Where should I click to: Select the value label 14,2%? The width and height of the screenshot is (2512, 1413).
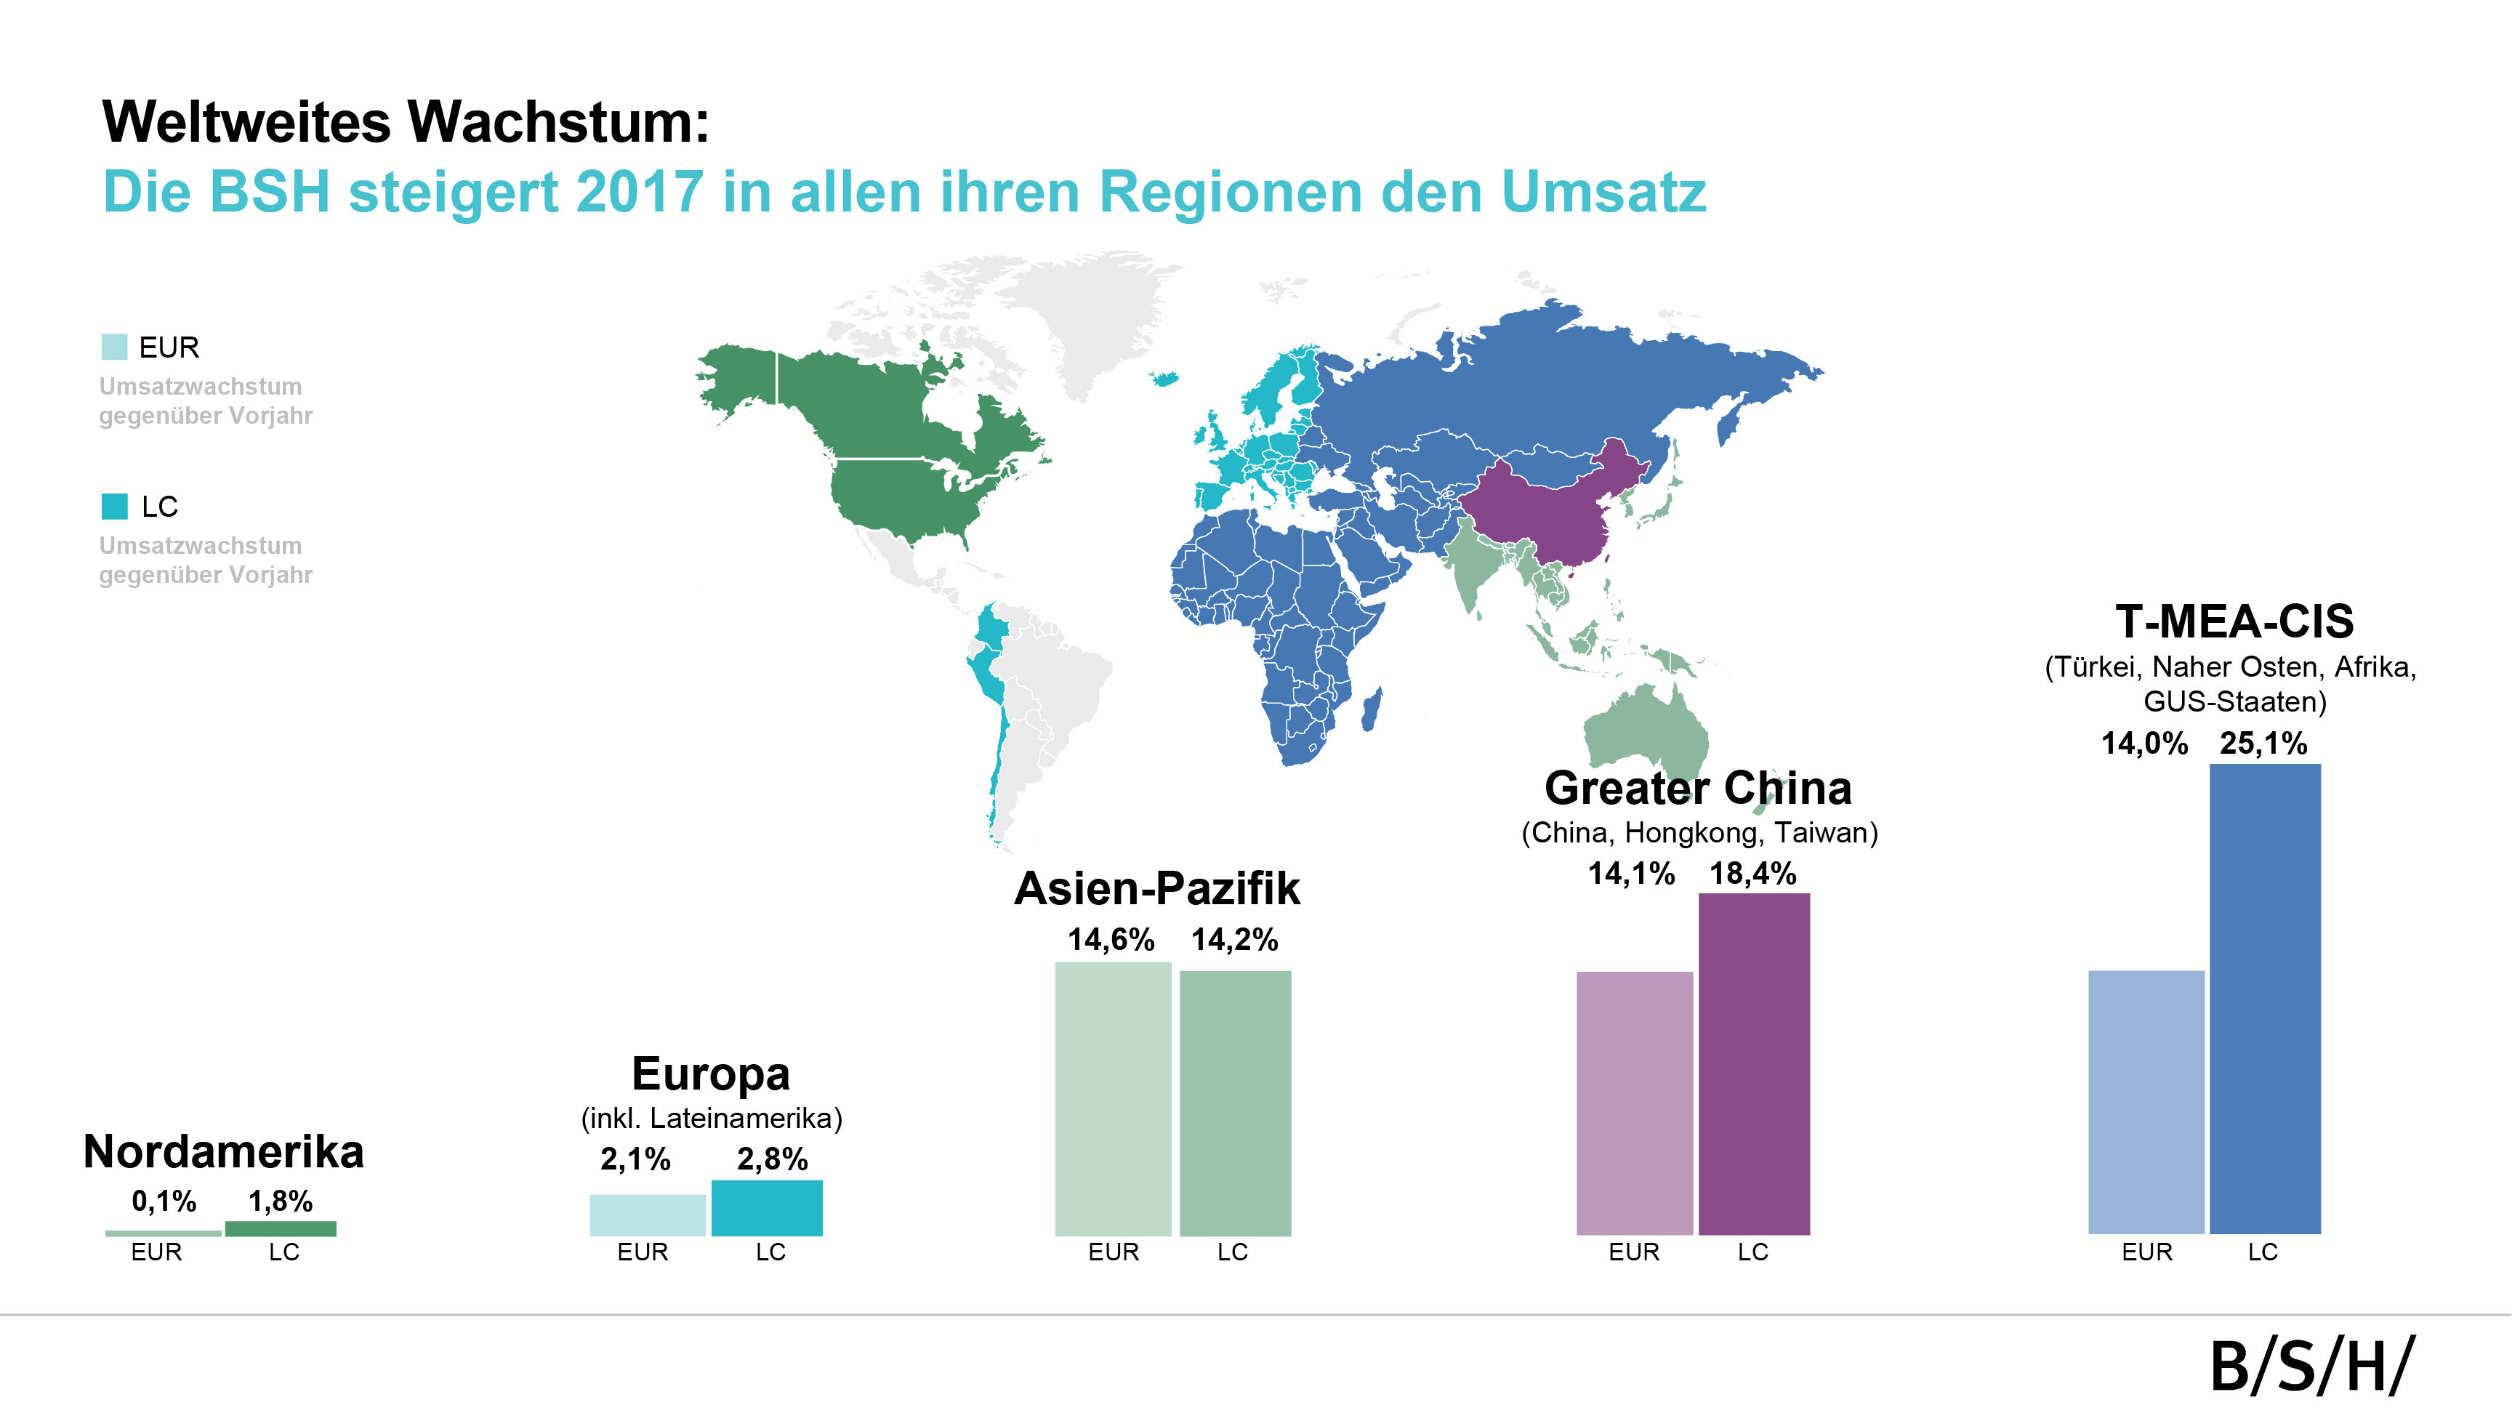(1233, 939)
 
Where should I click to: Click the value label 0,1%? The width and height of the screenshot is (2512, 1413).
(164, 1201)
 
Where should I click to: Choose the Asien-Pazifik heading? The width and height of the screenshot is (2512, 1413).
(1156, 888)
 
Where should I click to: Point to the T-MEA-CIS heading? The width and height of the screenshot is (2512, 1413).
(2234, 621)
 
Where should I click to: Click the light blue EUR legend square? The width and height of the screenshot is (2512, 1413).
(114, 347)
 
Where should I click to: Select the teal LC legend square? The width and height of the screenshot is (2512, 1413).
(114, 506)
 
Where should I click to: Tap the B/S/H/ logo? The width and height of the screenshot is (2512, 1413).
(2310, 1366)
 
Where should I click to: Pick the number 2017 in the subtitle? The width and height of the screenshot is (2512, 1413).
(639, 191)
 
